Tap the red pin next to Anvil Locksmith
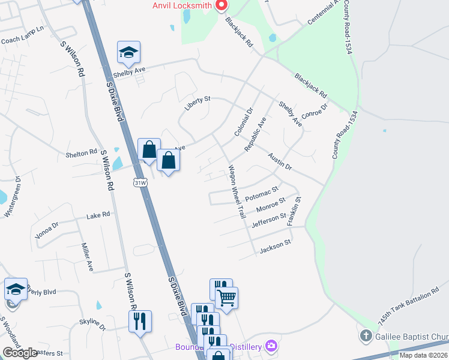tap(221, 5)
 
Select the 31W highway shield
tap(140, 183)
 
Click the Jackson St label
tap(275, 246)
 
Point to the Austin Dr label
tap(280, 161)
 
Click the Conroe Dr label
tap(315, 110)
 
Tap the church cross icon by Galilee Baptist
tap(366, 335)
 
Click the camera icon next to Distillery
tap(271, 346)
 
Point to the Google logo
tap(19, 353)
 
